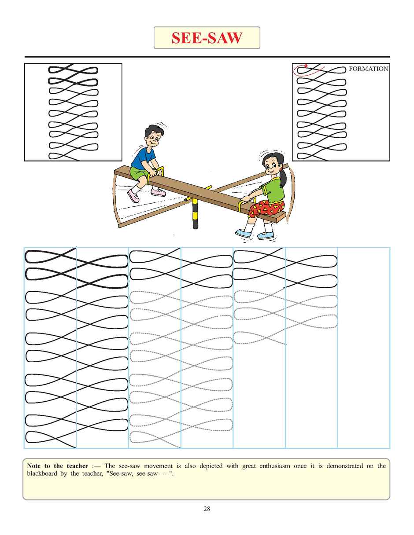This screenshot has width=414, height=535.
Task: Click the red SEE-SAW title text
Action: tap(207, 38)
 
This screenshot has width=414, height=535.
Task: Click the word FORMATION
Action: tap(368, 69)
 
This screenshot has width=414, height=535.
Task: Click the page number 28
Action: tap(207, 509)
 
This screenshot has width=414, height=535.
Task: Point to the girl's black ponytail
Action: tap(283, 178)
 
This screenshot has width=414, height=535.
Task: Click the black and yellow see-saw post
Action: tap(195, 216)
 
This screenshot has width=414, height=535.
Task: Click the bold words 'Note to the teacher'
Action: tap(57, 466)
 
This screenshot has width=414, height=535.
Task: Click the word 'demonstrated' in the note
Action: tap(344, 466)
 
